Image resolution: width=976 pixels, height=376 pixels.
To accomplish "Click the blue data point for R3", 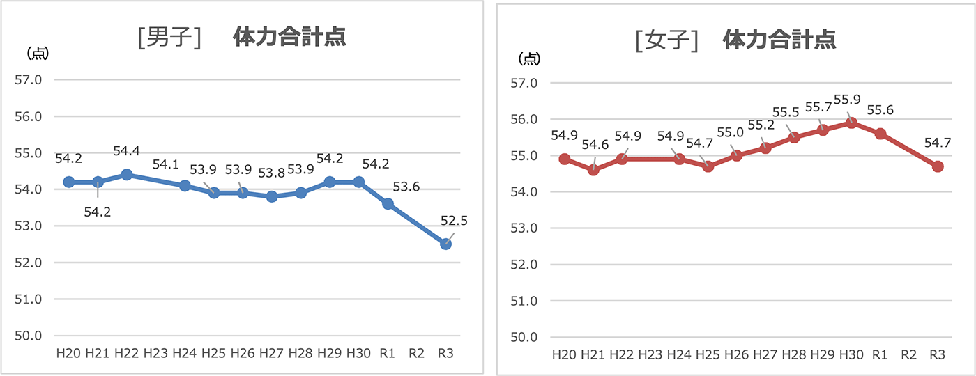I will pos(445,244).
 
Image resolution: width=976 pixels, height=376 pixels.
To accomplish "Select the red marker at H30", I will pos(851,123).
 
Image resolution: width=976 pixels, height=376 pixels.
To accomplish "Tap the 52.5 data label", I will pos(454,221).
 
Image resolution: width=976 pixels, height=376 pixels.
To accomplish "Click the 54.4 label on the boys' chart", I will pos(126,151).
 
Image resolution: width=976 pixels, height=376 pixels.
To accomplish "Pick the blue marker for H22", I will pos(126,174).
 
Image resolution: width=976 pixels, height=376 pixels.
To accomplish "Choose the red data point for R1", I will pos(880,134).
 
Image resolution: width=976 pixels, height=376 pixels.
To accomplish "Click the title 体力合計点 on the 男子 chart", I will pos(289,37).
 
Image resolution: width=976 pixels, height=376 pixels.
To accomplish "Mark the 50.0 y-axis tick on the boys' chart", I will pos(29,336).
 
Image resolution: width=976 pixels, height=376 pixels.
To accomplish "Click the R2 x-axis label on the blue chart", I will pos(416,354).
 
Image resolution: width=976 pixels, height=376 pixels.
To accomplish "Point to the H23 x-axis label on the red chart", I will pos(650,354).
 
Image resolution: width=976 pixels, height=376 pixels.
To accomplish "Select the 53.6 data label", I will pos(406,187).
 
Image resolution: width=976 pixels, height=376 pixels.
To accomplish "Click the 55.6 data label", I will pos(881,110).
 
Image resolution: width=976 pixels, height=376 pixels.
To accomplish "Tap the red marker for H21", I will pos(593,170).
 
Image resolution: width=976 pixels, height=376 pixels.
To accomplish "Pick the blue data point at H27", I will pos(272,196).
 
